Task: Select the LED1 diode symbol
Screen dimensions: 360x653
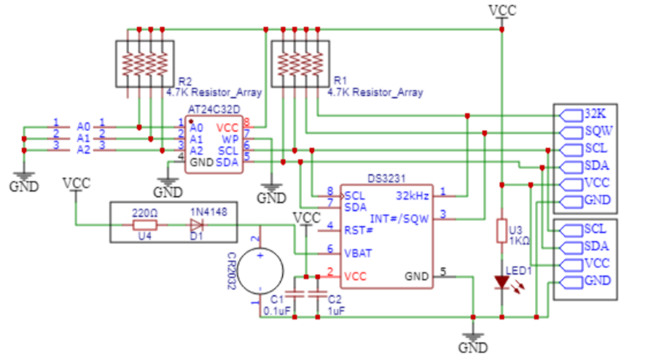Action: (501, 281)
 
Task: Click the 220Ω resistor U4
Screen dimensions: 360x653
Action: (143, 224)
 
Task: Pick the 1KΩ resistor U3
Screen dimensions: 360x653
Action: (501, 230)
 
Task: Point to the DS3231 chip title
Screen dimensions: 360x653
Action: (386, 177)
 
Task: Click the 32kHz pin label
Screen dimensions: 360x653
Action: (413, 195)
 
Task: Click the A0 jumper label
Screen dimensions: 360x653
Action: (84, 126)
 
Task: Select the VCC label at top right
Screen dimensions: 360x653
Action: (502, 9)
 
